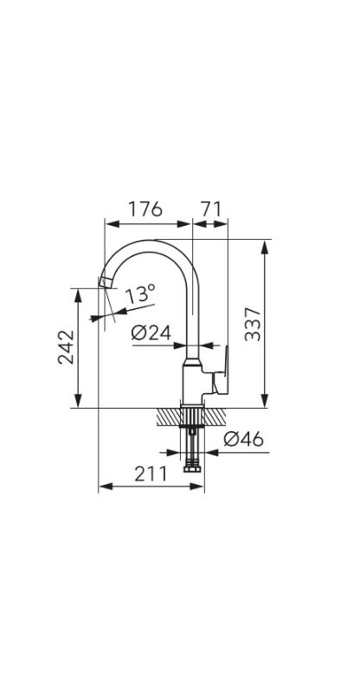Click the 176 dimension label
[145, 209]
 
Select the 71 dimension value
[211, 209]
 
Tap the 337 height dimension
[253, 325]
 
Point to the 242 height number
[67, 347]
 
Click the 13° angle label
[140, 293]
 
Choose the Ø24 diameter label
[151, 333]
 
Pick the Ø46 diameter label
[243, 439]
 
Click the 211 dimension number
[151, 474]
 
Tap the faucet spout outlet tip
[106, 282]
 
